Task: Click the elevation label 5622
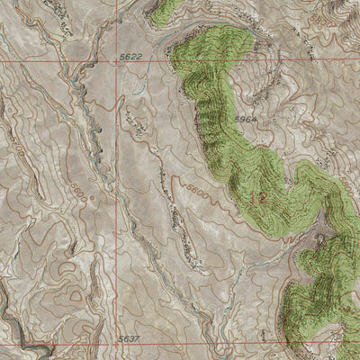tap(130, 56)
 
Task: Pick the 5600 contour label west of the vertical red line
tap(79, 193)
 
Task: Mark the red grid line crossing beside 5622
tap(115, 62)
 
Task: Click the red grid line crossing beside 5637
tap(115, 344)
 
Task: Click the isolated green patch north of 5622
tap(164, 11)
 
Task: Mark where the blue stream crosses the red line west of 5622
tap(76, 62)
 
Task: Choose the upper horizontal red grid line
tap(225, 62)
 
